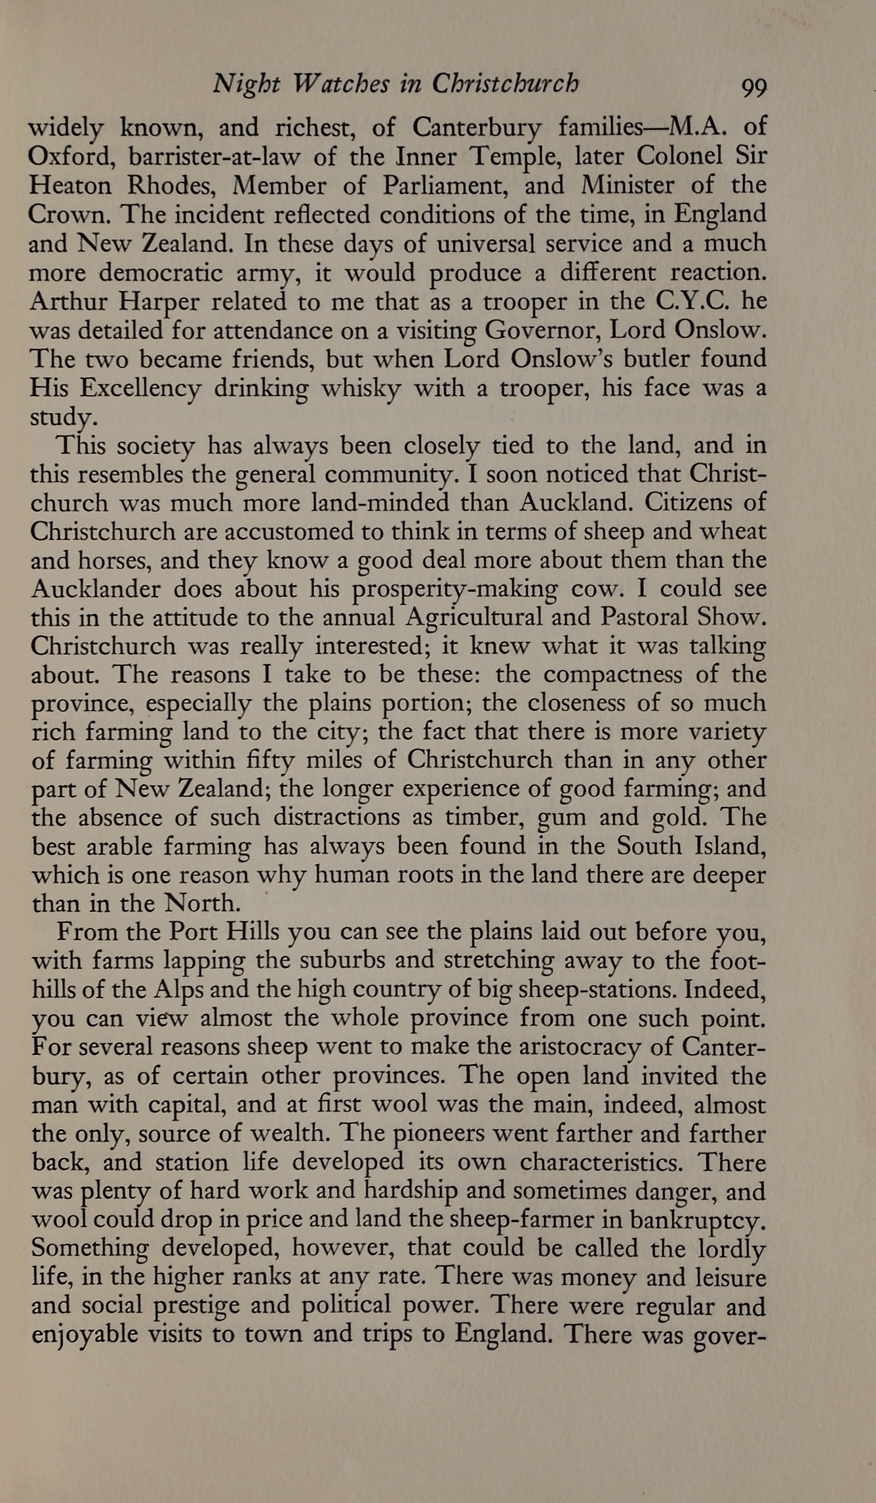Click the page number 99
pos(753,87)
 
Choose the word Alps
pos(218,989)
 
